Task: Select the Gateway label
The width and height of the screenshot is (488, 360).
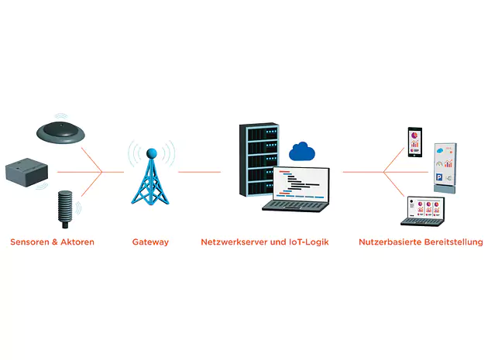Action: (x=150, y=242)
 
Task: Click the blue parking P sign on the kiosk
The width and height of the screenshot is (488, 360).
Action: (x=439, y=178)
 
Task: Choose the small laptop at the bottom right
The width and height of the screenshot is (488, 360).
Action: (x=424, y=211)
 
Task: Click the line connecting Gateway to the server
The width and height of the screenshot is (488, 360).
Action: (x=199, y=172)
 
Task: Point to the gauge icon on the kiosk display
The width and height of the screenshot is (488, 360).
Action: (x=441, y=164)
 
